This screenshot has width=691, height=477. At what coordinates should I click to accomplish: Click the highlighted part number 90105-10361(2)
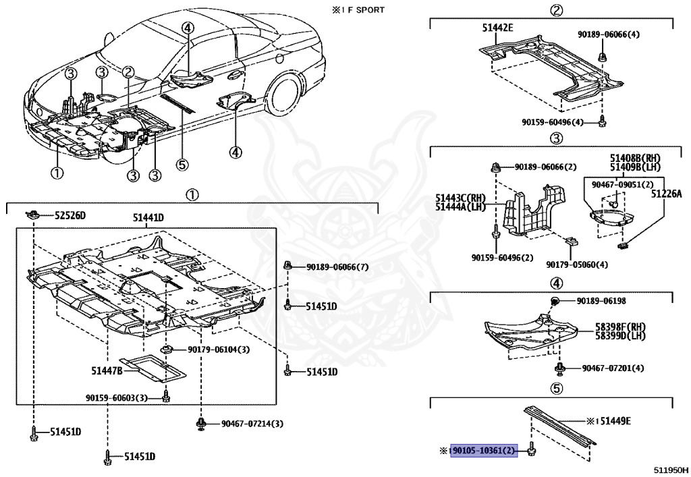coord(484,450)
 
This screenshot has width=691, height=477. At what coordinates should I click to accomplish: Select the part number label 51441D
coord(148,217)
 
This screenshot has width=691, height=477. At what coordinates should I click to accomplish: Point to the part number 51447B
coord(107,370)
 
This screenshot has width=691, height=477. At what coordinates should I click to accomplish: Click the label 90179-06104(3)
coord(219,349)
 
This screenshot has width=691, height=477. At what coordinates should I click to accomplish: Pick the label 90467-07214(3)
coord(252,424)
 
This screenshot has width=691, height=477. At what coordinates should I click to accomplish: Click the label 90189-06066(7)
coord(337,267)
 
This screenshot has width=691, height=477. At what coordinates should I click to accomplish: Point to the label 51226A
coord(666,193)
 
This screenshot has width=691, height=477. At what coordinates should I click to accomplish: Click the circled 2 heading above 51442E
coord(555,9)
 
